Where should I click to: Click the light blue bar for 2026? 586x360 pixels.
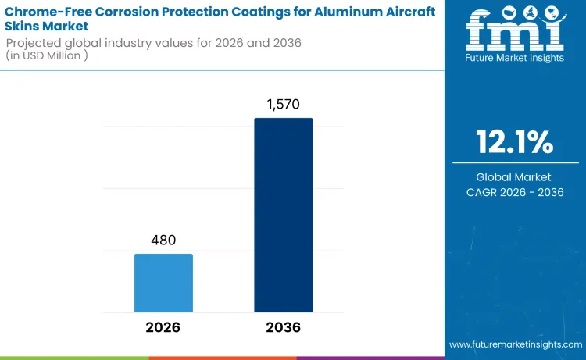pyautogui.click(x=163, y=283)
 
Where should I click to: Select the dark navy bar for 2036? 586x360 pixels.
pyautogui.click(x=283, y=215)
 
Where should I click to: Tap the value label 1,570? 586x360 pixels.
pyautogui.click(x=283, y=105)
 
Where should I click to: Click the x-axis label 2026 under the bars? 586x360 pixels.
pyautogui.click(x=163, y=327)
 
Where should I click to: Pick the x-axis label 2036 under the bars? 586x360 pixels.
pyautogui.click(x=283, y=327)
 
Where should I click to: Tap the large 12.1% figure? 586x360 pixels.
pyautogui.click(x=515, y=142)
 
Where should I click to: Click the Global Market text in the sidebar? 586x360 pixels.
pyautogui.click(x=515, y=177)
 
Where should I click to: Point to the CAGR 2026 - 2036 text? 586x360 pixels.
pyautogui.click(x=515, y=192)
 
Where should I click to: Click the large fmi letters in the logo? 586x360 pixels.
pyautogui.click(x=515, y=29)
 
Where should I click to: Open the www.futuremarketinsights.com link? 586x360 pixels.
pyautogui.click(x=515, y=344)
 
